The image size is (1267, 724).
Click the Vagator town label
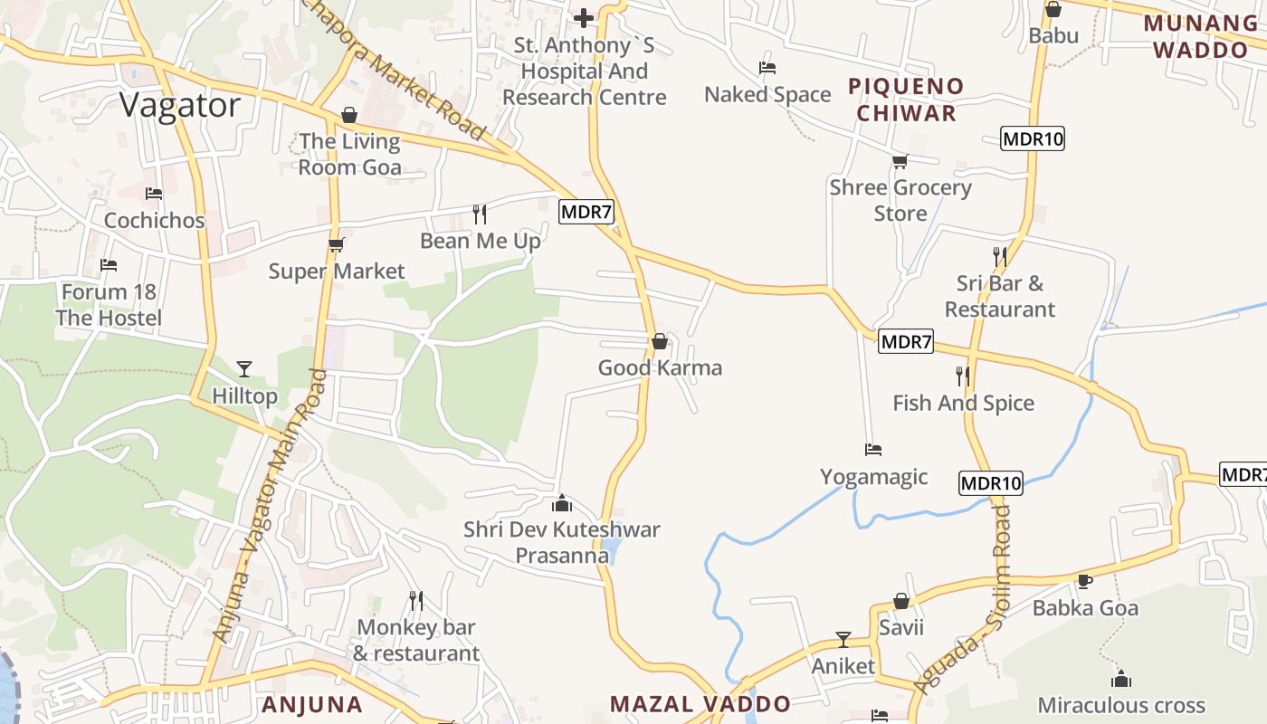tap(180, 106)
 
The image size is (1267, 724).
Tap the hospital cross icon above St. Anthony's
tap(584, 17)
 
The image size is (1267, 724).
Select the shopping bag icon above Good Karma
tap(660, 341)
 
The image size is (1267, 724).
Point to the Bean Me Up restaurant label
tap(481, 241)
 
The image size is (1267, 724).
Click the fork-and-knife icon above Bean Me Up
tap(480, 214)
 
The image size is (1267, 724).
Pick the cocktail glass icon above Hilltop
tap(243, 368)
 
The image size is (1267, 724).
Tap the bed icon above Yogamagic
tap(873, 449)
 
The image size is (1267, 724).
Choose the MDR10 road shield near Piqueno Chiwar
tap(1033, 138)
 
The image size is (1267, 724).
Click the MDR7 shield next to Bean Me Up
tap(586, 213)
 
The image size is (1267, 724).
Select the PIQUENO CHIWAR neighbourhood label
tap(906, 100)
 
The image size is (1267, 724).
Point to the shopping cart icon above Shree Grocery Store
tap(900, 161)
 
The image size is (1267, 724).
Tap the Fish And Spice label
tap(963, 403)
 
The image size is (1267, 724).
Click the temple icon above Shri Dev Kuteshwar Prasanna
tap(562, 502)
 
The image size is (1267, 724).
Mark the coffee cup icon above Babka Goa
tap(1085, 581)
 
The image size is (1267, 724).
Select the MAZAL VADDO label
tap(700, 704)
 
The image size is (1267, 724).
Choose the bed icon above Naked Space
tap(767, 68)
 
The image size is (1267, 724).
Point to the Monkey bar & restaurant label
tap(416, 640)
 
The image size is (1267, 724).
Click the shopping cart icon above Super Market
tap(336, 244)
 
